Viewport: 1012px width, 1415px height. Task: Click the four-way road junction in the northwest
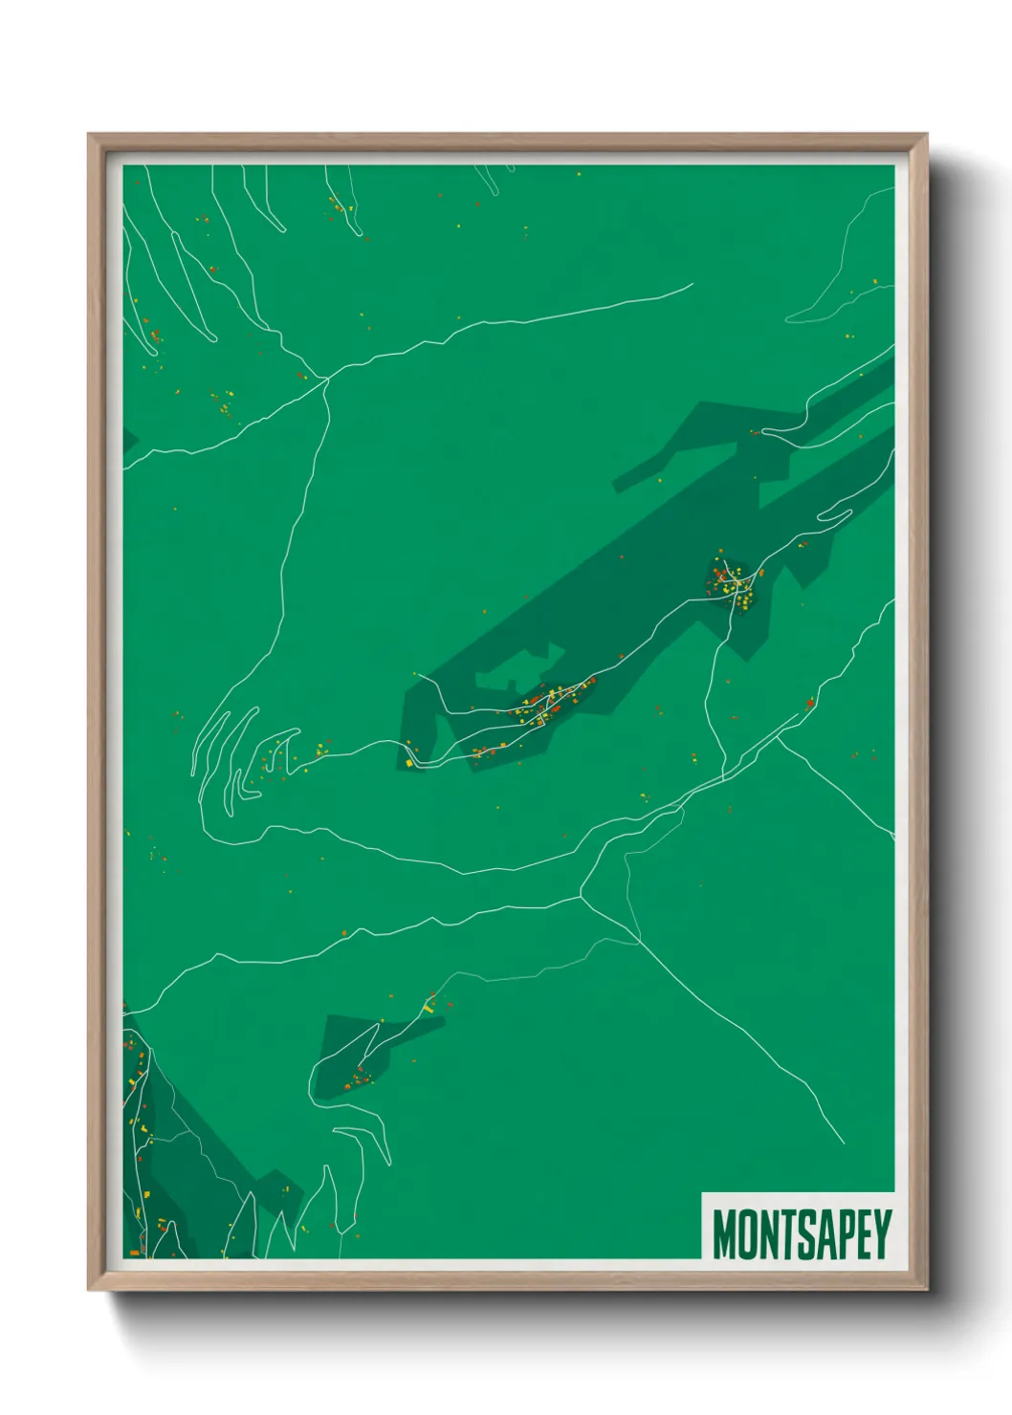[327, 379]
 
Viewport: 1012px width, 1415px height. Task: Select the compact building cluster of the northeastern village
[735, 581]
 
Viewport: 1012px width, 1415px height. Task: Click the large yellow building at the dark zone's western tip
[408, 762]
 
